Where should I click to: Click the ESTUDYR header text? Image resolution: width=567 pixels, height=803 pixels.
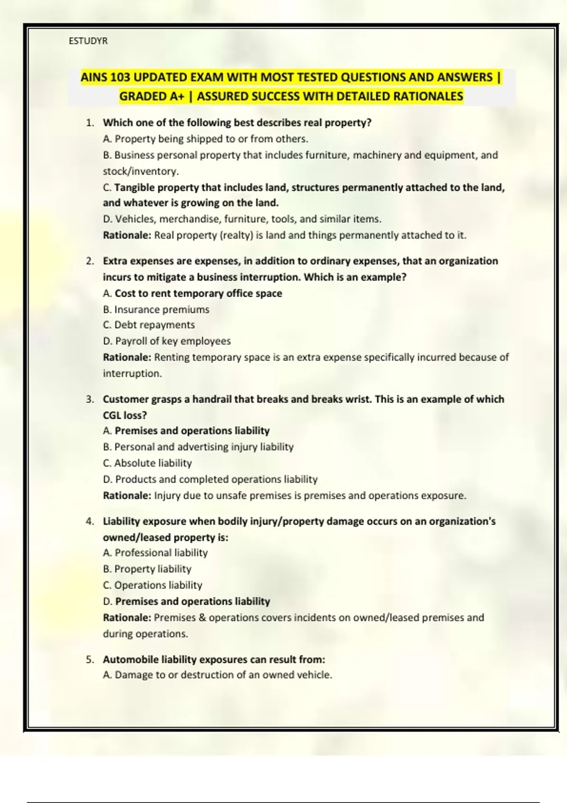[88, 41]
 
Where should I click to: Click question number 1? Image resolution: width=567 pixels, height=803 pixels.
[90, 123]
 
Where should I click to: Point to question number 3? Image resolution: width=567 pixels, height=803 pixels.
[90, 399]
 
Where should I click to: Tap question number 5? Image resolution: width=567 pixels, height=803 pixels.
[90, 659]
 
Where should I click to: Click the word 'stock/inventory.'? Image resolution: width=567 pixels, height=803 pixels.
[141, 171]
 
